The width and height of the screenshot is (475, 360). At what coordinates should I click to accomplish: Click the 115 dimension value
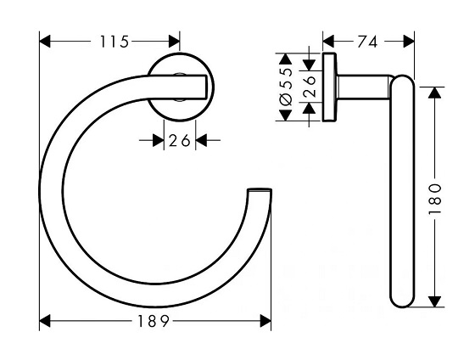click(x=109, y=40)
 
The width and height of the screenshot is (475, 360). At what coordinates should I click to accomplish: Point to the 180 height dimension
click(x=435, y=197)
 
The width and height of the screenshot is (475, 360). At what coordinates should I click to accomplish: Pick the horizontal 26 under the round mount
click(x=179, y=141)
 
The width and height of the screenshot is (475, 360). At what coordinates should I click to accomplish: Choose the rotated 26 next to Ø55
click(x=310, y=88)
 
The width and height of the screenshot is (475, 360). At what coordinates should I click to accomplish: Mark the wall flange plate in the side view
click(x=327, y=88)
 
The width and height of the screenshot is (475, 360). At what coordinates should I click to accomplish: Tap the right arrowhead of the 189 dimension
click(x=265, y=321)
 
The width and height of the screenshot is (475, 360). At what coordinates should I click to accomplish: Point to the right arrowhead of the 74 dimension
click(x=410, y=40)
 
